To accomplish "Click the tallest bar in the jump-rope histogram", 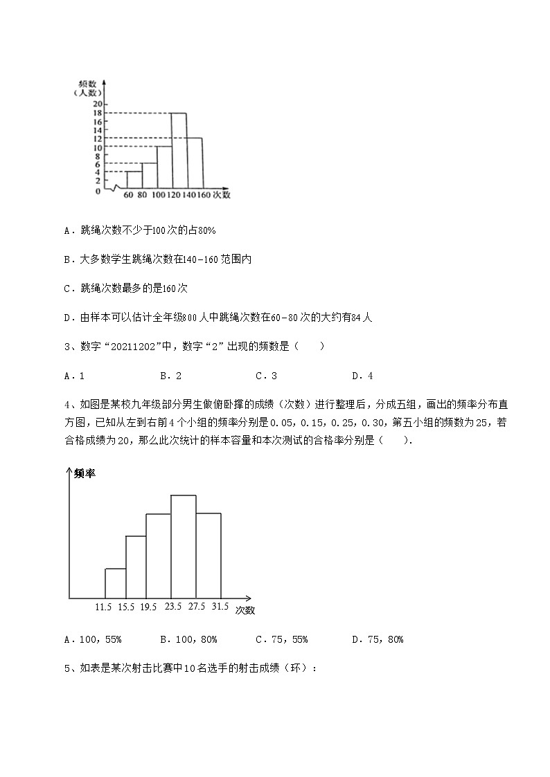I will click(179, 150).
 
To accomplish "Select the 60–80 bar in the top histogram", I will click(134, 180).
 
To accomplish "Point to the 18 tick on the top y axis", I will click(98, 113).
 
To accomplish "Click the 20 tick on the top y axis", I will click(98, 104).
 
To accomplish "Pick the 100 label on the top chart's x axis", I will click(158, 196).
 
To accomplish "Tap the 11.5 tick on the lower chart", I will click(104, 607).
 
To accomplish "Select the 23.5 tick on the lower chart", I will click(172, 607).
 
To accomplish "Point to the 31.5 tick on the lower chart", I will click(220, 607).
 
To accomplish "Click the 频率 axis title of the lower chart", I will click(85, 473).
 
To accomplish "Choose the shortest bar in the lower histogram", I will click(115, 583).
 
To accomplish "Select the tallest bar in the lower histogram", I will click(184, 547).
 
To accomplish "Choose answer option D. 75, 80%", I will click(378, 640).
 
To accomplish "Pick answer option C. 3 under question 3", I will click(267, 376).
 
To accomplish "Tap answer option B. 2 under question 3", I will click(170, 376).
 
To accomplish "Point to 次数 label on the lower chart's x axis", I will click(245, 610).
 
